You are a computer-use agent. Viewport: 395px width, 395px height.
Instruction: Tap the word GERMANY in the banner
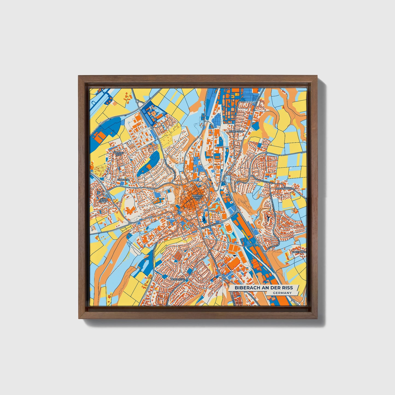pos(282,293)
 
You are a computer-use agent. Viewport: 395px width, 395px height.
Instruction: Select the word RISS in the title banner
pos(287,288)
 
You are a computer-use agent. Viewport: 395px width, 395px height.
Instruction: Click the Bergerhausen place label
pos(283,189)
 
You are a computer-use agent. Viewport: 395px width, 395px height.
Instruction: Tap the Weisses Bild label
pos(119,154)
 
